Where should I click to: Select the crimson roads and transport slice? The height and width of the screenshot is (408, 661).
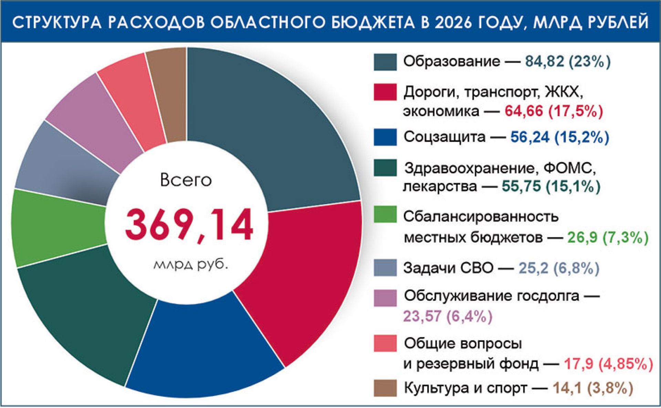(x=303, y=276)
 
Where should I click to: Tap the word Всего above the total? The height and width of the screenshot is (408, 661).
(x=186, y=180)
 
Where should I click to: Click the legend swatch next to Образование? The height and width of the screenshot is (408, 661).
(x=385, y=62)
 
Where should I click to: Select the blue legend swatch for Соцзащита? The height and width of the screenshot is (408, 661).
(x=385, y=137)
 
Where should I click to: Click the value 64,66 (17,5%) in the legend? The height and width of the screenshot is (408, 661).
(x=554, y=111)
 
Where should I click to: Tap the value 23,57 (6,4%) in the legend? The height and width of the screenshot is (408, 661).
(x=448, y=316)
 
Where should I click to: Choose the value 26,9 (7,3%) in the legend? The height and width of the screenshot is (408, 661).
(x=608, y=237)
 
